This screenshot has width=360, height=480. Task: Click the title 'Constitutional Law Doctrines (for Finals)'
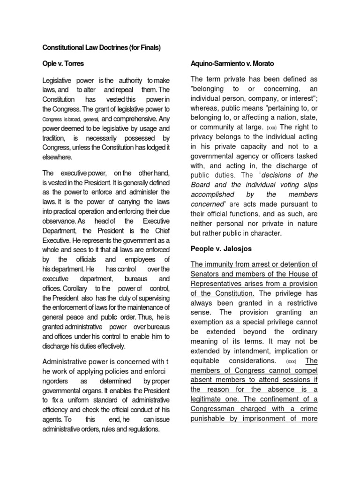101,48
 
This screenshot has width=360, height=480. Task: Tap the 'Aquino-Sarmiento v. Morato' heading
232,63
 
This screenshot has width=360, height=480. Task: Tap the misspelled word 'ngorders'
56,382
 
